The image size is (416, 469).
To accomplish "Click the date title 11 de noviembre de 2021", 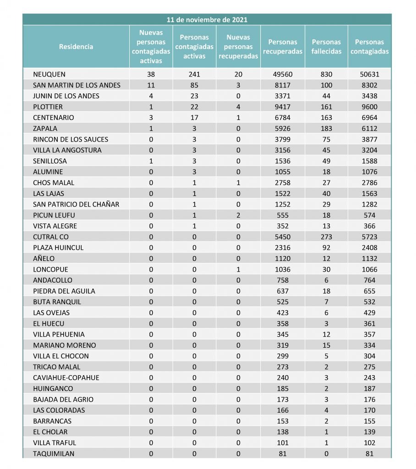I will click(x=207, y=20).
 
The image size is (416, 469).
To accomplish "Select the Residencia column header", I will click(x=76, y=47).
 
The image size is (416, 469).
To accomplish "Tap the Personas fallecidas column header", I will click(x=327, y=47).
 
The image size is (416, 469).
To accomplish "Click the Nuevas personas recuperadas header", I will click(x=239, y=47).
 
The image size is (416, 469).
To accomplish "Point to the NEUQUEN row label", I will click(x=49, y=74).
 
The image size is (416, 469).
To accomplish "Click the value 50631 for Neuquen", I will click(x=369, y=74).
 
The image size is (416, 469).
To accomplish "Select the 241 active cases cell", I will click(x=194, y=74).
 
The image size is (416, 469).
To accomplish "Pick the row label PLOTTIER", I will click(x=48, y=107).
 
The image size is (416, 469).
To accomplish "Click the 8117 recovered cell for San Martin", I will click(x=283, y=85).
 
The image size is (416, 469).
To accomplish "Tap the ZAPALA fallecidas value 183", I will click(x=327, y=129).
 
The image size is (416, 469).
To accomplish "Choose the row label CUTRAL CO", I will click(x=51, y=237).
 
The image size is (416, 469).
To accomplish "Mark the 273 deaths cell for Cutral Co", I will click(x=327, y=237).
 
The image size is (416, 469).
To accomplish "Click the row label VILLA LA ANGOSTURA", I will click(x=67, y=150).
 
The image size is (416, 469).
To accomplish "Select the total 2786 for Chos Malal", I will click(x=369, y=183).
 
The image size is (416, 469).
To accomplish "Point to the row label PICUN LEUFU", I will click(x=54, y=215).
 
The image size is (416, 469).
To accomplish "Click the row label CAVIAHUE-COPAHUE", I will click(x=66, y=378).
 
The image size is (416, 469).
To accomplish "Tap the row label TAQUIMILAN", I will click(x=54, y=454).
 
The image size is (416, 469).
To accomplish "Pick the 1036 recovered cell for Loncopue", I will click(x=283, y=269).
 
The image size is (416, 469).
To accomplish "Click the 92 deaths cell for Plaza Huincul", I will click(x=327, y=248).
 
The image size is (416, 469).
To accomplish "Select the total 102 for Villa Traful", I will click(x=369, y=443).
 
